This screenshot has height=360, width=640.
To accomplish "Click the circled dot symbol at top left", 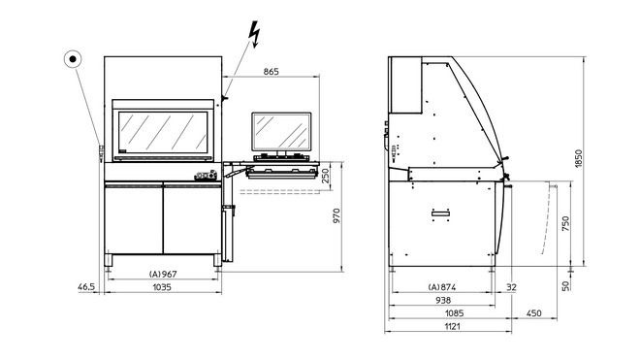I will (74, 59).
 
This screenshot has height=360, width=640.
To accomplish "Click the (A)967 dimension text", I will (162, 275).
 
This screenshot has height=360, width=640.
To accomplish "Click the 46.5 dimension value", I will (86, 288).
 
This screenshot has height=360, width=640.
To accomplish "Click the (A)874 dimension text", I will (442, 288).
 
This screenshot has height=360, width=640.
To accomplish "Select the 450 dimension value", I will (533, 313).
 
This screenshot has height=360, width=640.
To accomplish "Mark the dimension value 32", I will (511, 288).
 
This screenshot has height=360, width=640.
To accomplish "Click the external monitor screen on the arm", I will (282, 131).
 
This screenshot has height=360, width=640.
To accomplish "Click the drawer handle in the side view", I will (442, 213).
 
